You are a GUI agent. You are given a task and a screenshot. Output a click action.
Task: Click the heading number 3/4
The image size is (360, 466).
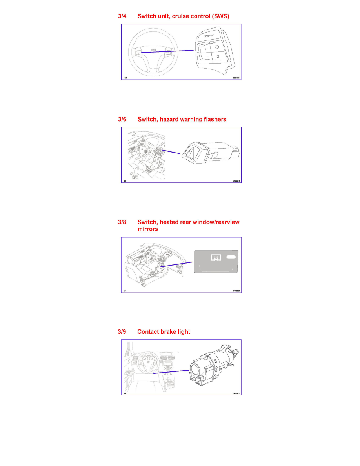(x=122, y=16)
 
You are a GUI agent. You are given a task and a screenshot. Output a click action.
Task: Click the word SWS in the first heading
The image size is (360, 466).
(x=222, y=16)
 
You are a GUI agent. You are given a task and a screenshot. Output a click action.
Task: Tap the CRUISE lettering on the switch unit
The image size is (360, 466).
(x=209, y=36)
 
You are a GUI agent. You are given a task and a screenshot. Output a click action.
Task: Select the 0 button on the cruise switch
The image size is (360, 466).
(x=218, y=56)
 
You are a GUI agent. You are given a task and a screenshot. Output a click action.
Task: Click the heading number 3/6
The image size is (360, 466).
(x=122, y=119)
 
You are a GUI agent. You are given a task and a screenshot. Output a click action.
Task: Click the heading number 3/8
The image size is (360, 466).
(x=122, y=222)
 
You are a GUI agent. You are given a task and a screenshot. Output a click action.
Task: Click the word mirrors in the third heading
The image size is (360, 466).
(x=147, y=229)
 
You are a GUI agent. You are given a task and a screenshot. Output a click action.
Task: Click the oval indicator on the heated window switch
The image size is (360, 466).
(x=232, y=257)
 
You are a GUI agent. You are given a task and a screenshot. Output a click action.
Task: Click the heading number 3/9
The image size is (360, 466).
(x=122, y=332)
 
